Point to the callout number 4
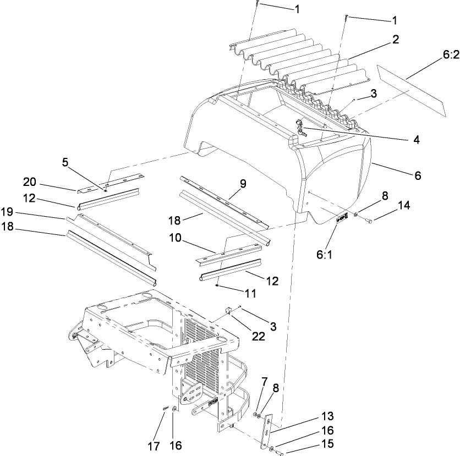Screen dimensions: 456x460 [x=417, y=140]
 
